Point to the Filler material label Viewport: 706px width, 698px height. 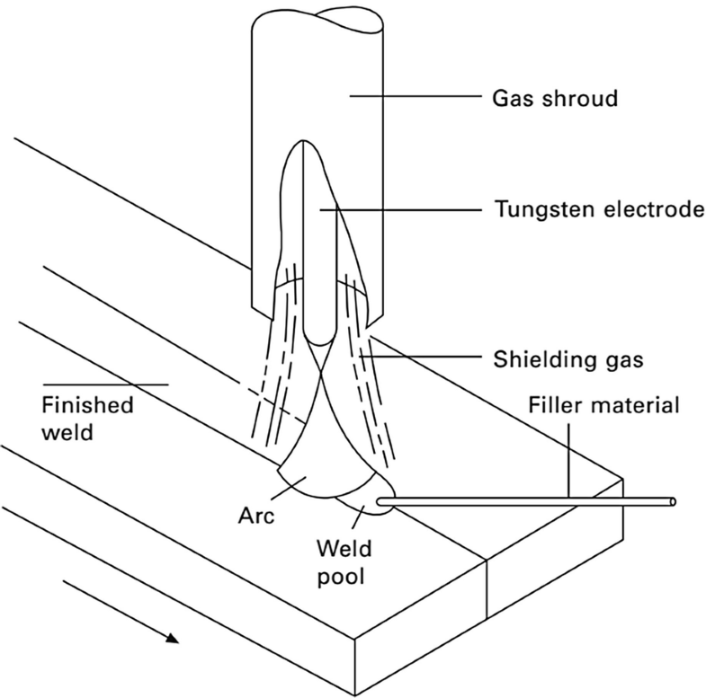[x=603, y=406]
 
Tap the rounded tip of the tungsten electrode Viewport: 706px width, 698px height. [x=318, y=340]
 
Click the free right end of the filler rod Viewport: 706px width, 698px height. [x=674, y=500]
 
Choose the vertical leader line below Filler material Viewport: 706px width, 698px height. [x=570, y=458]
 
